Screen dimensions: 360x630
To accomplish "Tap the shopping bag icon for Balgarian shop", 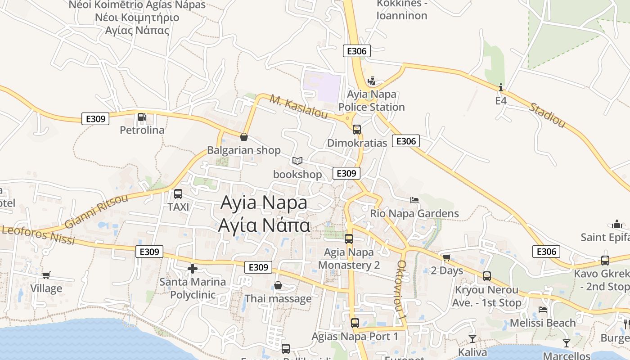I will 244,137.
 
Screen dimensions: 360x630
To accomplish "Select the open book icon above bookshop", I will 297,161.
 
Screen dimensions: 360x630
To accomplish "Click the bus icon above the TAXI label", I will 178,194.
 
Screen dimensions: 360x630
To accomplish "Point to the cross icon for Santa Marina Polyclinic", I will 193,269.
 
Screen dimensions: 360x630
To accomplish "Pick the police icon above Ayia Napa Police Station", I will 372,81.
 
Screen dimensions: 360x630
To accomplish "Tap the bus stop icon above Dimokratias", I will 357,130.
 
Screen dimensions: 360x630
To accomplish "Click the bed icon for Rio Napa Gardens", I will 414,200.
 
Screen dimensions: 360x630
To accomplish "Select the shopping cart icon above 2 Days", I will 446,257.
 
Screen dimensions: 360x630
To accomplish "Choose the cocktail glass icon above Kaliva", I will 472,338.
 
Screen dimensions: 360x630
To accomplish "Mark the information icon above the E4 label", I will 501,87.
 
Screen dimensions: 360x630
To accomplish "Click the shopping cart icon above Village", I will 46,275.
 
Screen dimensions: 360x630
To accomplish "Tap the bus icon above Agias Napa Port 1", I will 355,323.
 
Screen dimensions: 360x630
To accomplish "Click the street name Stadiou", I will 547,115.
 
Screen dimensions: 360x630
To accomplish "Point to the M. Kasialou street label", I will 299,107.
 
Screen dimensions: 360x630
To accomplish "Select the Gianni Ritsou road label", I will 96,211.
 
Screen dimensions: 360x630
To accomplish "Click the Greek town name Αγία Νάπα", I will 264,225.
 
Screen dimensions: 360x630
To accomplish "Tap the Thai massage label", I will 278,299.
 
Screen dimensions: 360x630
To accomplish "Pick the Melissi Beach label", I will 543,323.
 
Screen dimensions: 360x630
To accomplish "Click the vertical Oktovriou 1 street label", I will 402,291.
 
